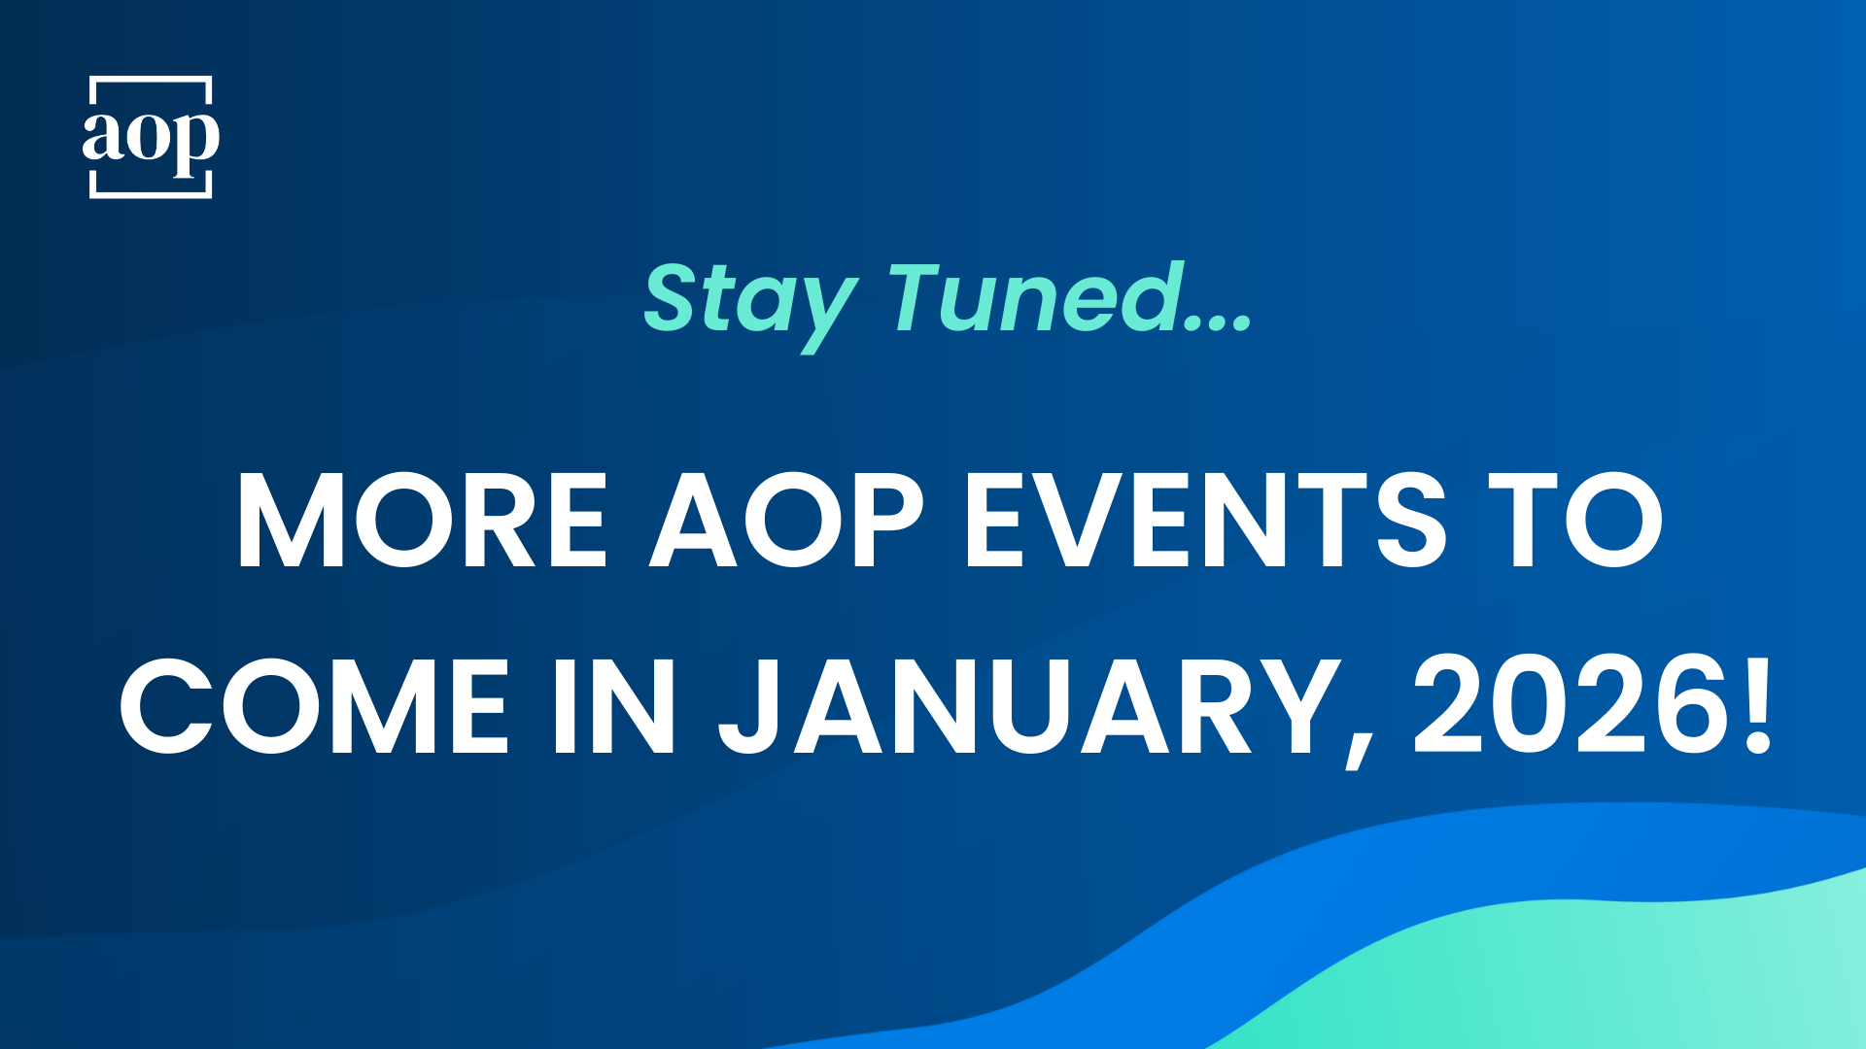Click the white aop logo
click(x=151, y=137)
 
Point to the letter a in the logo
click(x=101, y=136)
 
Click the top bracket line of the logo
click(x=151, y=78)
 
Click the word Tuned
click(x=1034, y=297)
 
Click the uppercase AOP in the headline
click(x=786, y=520)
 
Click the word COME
click(x=314, y=706)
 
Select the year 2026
click(x=1570, y=705)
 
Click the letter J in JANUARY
click(x=748, y=707)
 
